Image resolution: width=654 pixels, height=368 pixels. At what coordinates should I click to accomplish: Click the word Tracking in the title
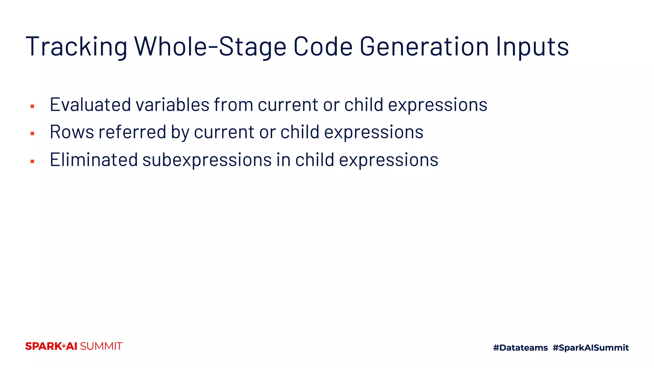(76, 47)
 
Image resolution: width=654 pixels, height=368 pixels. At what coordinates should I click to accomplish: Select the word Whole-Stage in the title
(210, 47)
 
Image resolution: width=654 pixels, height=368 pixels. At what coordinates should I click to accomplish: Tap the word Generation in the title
(424, 47)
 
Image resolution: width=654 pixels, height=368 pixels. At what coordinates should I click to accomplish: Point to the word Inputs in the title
(532, 47)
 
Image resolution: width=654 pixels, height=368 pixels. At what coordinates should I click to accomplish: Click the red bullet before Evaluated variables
(32, 106)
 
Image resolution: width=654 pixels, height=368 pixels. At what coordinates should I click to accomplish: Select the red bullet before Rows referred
(32, 134)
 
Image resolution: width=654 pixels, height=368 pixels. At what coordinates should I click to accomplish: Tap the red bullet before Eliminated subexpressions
(32, 162)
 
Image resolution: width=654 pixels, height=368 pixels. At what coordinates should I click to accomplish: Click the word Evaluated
(90, 104)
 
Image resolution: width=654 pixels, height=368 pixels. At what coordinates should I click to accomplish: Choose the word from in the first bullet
(233, 104)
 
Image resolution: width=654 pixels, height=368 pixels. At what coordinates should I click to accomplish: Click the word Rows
(72, 132)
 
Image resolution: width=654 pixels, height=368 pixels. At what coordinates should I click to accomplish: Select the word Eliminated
(94, 160)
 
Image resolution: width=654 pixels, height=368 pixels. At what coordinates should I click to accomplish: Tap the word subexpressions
(207, 160)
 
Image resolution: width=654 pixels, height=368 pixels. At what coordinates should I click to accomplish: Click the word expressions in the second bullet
(374, 132)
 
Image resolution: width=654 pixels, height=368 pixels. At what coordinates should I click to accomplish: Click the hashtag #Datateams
(520, 348)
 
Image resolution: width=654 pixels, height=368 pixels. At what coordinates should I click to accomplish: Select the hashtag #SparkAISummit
(590, 348)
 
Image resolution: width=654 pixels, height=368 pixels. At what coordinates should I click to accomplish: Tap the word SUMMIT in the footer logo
(101, 346)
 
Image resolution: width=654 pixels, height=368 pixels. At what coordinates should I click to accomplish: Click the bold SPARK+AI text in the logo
(51, 346)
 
